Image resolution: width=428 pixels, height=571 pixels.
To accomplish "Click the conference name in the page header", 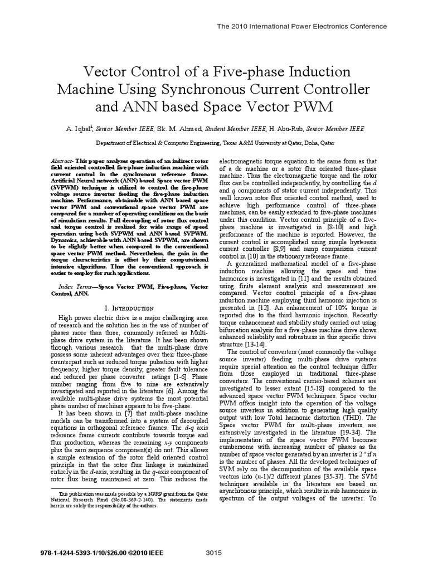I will pos(301,26).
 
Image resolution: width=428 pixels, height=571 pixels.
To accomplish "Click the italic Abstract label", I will pos(69,159).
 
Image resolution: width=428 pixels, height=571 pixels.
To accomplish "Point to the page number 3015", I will pos(214,553).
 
